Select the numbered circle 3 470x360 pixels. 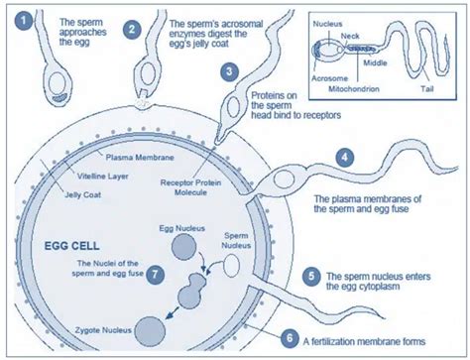click(x=229, y=71)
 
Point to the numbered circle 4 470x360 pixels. click(x=343, y=157)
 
